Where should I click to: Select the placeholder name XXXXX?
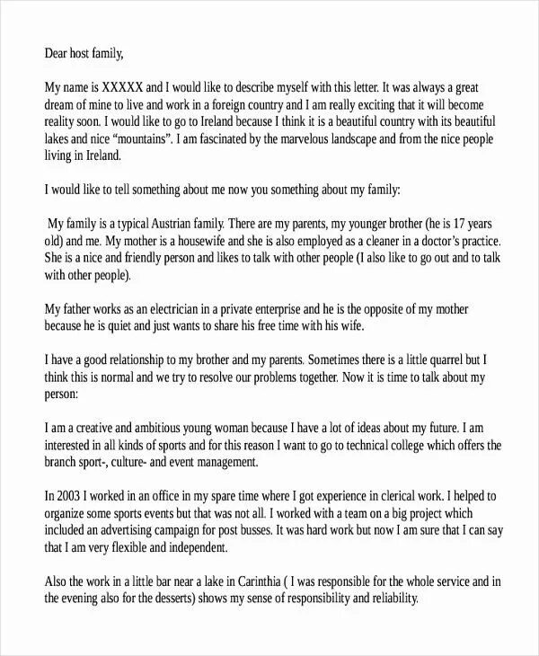(x=123, y=89)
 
